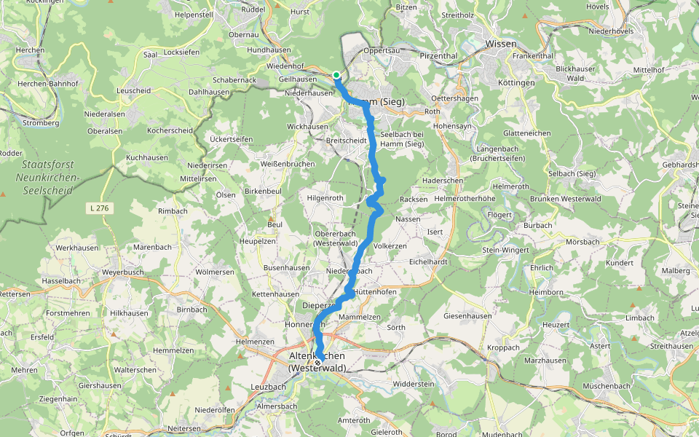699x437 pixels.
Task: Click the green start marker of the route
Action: (x=336, y=75)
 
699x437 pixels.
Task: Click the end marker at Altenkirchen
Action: (x=317, y=362)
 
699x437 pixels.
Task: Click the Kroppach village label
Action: (x=503, y=347)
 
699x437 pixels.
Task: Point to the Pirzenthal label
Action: (x=438, y=55)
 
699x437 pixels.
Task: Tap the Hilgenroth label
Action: (x=325, y=197)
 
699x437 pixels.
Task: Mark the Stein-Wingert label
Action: (x=505, y=250)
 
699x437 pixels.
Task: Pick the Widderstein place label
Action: (x=413, y=384)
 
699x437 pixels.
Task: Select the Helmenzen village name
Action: (x=255, y=341)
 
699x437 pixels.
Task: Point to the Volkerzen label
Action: (x=390, y=246)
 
